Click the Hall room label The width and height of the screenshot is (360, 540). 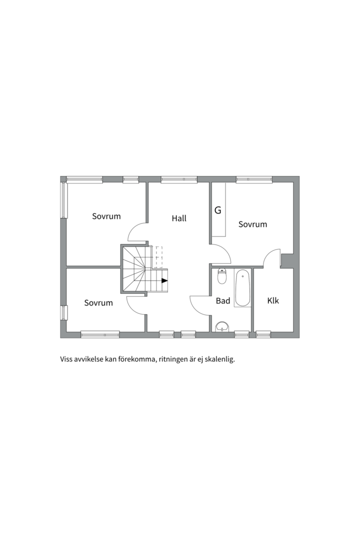(179, 218)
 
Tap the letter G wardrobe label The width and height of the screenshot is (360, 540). (217, 210)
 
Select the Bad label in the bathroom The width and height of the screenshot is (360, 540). (223, 301)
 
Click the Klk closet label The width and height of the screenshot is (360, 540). (273, 300)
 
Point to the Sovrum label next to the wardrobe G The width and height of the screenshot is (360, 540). (252, 224)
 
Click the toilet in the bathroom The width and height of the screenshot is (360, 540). (222, 276)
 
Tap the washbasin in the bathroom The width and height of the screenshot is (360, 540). (221, 327)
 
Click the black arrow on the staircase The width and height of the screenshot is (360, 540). (164, 280)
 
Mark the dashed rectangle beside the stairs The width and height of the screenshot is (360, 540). (159, 257)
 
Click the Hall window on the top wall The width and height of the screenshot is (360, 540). (179, 179)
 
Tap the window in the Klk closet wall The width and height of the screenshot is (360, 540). (263, 334)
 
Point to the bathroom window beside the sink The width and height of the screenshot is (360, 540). (242, 334)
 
